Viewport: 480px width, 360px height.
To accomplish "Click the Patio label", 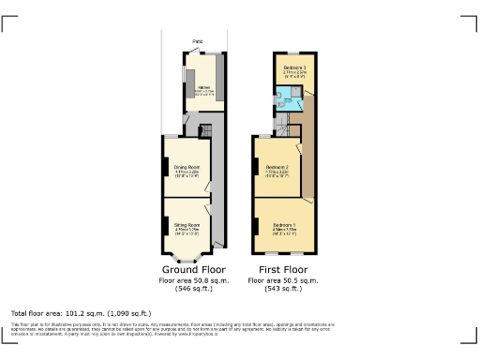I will pos(198,42).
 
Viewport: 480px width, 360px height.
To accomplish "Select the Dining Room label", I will pos(187,169).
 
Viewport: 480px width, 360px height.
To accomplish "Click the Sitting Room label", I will pos(187,225).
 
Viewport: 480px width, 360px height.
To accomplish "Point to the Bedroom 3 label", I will pos(296,68).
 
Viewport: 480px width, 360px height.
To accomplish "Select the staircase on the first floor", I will pos(307,141).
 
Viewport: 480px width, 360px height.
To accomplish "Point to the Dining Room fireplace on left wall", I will pos(164,170).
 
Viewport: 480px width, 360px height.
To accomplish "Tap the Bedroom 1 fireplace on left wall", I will pos(255,225).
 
